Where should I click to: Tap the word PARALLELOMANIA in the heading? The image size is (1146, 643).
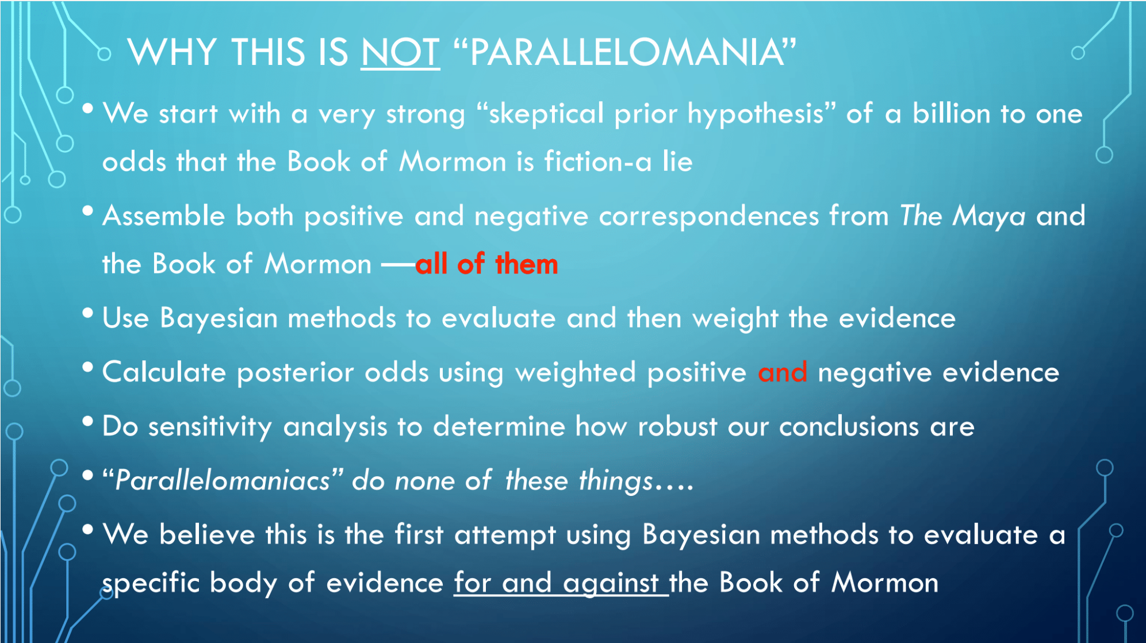pyautogui.click(x=626, y=52)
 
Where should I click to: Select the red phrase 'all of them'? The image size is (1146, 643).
pyautogui.click(x=486, y=264)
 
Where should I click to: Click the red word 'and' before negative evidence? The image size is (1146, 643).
pyautogui.click(x=782, y=372)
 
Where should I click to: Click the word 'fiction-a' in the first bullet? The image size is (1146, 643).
pyautogui.click(x=598, y=161)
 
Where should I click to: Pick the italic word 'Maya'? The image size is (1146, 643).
pyautogui.click(x=988, y=217)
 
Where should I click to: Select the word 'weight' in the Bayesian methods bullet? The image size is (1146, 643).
pyautogui.click(x=735, y=318)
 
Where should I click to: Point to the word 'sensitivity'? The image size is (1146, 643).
pyautogui.click(x=210, y=427)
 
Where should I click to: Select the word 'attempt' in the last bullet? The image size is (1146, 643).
pyautogui.click(x=505, y=536)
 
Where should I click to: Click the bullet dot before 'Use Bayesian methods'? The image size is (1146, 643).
pyautogui.click(x=88, y=313)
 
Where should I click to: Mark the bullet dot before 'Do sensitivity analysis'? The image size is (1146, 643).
pyautogui.click(x=88, y=422)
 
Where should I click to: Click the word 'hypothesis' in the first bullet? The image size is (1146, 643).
pyautogui.click(x=756, y=114)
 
